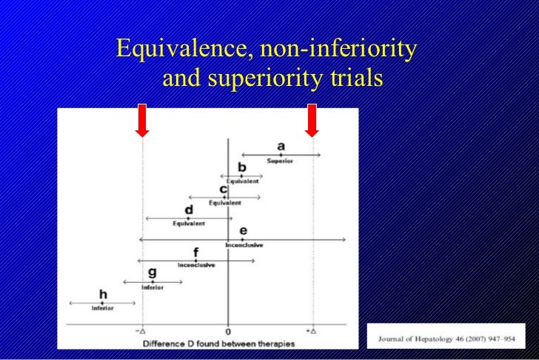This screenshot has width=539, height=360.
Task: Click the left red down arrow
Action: (x=143, y=120)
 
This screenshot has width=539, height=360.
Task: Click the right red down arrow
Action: (x=312, y=120)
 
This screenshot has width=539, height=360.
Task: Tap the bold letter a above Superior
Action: (x=281, y=146)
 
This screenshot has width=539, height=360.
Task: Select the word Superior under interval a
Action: (x=281, y=161)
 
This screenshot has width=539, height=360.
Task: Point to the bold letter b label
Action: (x=241, y=167)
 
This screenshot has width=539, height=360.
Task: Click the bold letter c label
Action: (x=224, y=189)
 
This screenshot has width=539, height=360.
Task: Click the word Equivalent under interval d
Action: (x=189, y=224)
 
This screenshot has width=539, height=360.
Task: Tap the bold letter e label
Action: (x=243, y=232)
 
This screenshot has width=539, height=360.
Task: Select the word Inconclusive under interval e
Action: (x=244, y=245)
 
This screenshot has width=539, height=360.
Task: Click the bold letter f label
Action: (x=195, y=253)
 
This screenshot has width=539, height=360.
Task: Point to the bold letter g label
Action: (x=153, y=273)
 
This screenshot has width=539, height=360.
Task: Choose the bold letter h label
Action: (x=103, y=295)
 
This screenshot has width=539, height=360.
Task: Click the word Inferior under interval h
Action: (x=103, y=308)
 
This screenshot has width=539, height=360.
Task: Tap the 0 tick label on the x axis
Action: (x=228, y=331)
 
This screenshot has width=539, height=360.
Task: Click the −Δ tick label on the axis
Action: (x=141, y=331)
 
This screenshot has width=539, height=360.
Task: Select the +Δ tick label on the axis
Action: (x=312, y=331)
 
